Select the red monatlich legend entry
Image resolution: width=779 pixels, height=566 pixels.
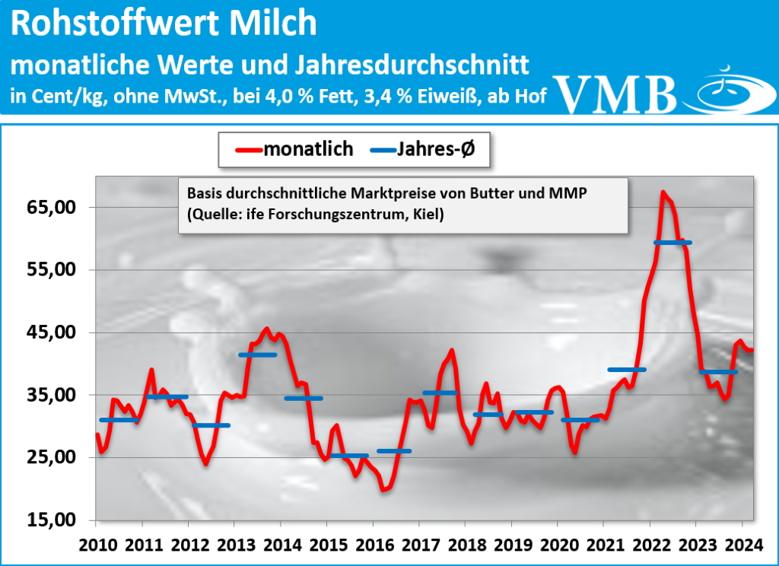coord(293,149)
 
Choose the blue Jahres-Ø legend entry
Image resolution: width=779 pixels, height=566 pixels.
coord(422,149)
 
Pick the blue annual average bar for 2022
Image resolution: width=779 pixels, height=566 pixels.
coord(672,242)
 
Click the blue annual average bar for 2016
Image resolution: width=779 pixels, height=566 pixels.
coord(394,451)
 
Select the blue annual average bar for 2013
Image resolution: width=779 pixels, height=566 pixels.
coord(257,355)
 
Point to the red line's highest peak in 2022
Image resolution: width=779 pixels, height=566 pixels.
coord(663,192)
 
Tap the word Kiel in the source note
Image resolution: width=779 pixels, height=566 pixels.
coord(428,215)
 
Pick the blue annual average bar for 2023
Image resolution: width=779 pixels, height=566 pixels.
coord(718,372)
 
